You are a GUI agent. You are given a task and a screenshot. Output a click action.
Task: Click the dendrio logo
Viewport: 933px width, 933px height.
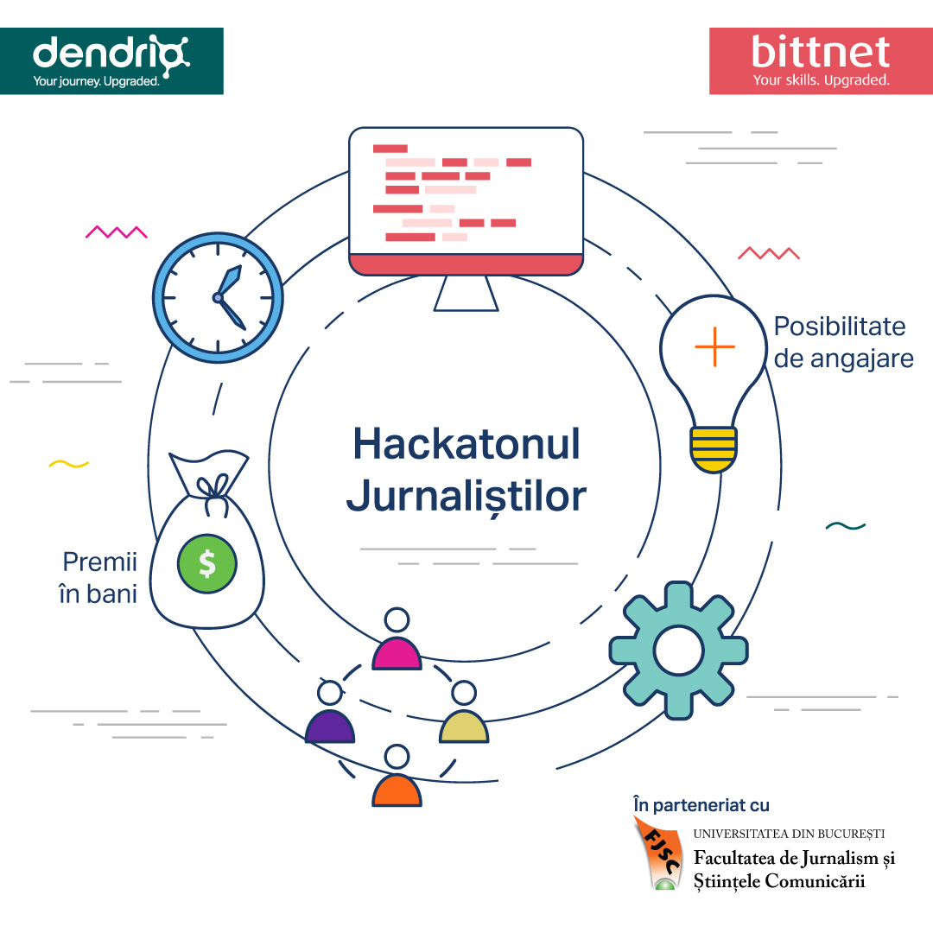(111, 60)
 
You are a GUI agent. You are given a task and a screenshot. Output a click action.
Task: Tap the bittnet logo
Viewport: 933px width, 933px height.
(822, 60)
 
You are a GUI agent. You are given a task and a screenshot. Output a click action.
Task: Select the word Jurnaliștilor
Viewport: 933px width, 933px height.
(466, 496)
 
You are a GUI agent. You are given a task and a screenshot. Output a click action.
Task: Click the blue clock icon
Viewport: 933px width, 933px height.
(218, 297)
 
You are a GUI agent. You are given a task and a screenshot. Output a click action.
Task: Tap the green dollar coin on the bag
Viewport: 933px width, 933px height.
(207, 563)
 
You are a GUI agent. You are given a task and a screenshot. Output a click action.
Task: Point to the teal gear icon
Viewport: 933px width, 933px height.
(678, 650)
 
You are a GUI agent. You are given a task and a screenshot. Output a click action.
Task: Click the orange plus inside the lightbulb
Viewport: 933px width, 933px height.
(714, 346)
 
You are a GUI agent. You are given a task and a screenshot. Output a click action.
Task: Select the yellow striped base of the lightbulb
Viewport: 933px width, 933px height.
(714, 449)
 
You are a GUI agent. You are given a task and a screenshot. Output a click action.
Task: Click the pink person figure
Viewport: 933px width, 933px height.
(397, 639)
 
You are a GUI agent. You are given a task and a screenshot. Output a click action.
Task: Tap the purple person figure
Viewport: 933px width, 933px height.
(330, 712)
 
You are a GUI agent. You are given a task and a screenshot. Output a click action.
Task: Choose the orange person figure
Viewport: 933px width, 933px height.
(397, 776)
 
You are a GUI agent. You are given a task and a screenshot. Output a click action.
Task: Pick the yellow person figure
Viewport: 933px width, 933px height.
(464, 712)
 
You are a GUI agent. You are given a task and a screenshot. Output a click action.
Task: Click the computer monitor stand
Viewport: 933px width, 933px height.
(466, 294)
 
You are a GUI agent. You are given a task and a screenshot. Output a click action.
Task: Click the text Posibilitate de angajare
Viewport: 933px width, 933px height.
(844, 343)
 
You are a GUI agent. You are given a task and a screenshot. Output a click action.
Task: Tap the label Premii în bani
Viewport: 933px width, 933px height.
(98, 578)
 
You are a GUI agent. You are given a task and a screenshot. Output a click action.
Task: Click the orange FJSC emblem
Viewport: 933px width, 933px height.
(659, 854)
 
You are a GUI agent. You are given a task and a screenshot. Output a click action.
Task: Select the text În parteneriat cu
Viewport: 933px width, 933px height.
(701, 805)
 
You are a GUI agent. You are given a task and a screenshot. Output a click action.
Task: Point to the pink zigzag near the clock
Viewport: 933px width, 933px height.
(117, 232)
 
